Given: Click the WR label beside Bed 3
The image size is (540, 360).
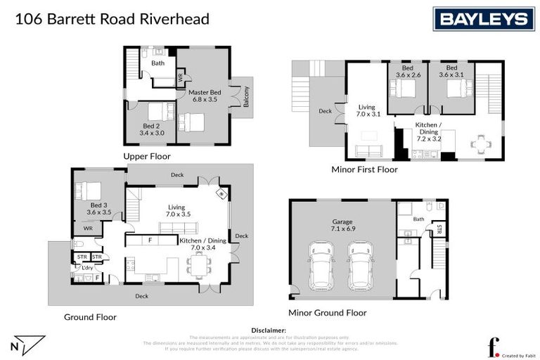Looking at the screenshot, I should coord(88,229).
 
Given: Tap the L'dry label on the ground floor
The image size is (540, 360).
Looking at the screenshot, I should coord(88,268).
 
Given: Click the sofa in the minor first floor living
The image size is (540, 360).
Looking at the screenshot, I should coord(366,150).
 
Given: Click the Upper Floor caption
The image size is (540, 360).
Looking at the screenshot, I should coord(146,156).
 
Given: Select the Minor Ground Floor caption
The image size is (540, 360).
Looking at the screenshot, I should coord(327,313).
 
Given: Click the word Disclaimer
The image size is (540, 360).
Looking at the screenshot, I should coord(269,330).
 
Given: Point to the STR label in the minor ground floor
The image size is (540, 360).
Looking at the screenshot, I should coord(438,229).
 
